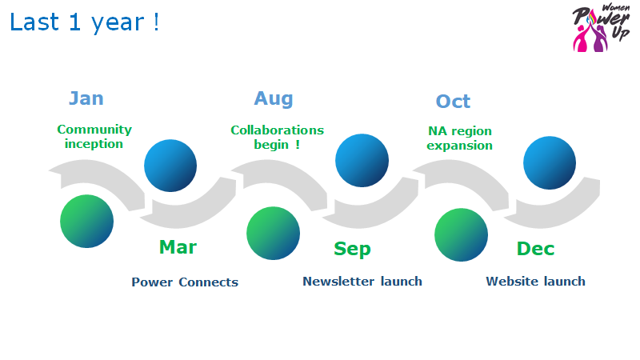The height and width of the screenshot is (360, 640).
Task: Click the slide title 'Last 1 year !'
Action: tap(85, 22)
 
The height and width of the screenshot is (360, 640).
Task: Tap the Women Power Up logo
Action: tap(601, 29)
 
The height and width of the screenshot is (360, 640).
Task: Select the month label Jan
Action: tap(86, 98)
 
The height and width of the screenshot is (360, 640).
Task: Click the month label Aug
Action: tap(274, 99)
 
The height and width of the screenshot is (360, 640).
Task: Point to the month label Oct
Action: tap(453, 102)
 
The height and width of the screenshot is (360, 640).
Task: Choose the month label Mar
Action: tap(178, 247)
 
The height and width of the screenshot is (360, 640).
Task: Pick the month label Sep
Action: tap(352, 249)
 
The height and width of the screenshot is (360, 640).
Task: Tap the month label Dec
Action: tap(535, 249)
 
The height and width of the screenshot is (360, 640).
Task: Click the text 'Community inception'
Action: tap(94, 137)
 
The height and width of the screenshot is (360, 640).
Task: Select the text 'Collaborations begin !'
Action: tap(277, 137)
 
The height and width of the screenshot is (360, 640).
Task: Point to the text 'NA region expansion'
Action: tap(459, 138)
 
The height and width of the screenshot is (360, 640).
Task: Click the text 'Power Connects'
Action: tap(185, 282)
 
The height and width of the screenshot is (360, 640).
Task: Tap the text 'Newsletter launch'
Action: tap(362, 282)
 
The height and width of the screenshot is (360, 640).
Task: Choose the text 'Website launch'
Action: tap(535, 282)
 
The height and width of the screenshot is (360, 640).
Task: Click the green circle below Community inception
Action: tap(87, 221)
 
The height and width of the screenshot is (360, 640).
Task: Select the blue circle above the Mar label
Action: tap(170, 166)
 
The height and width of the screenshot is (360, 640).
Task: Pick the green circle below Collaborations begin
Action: tap(273, 234)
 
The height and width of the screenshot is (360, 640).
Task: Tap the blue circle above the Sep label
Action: tap(362, 161)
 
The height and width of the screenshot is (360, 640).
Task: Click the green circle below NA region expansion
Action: tap(461, 234)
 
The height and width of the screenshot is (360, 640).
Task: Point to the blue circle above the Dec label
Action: tap(550, 163)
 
